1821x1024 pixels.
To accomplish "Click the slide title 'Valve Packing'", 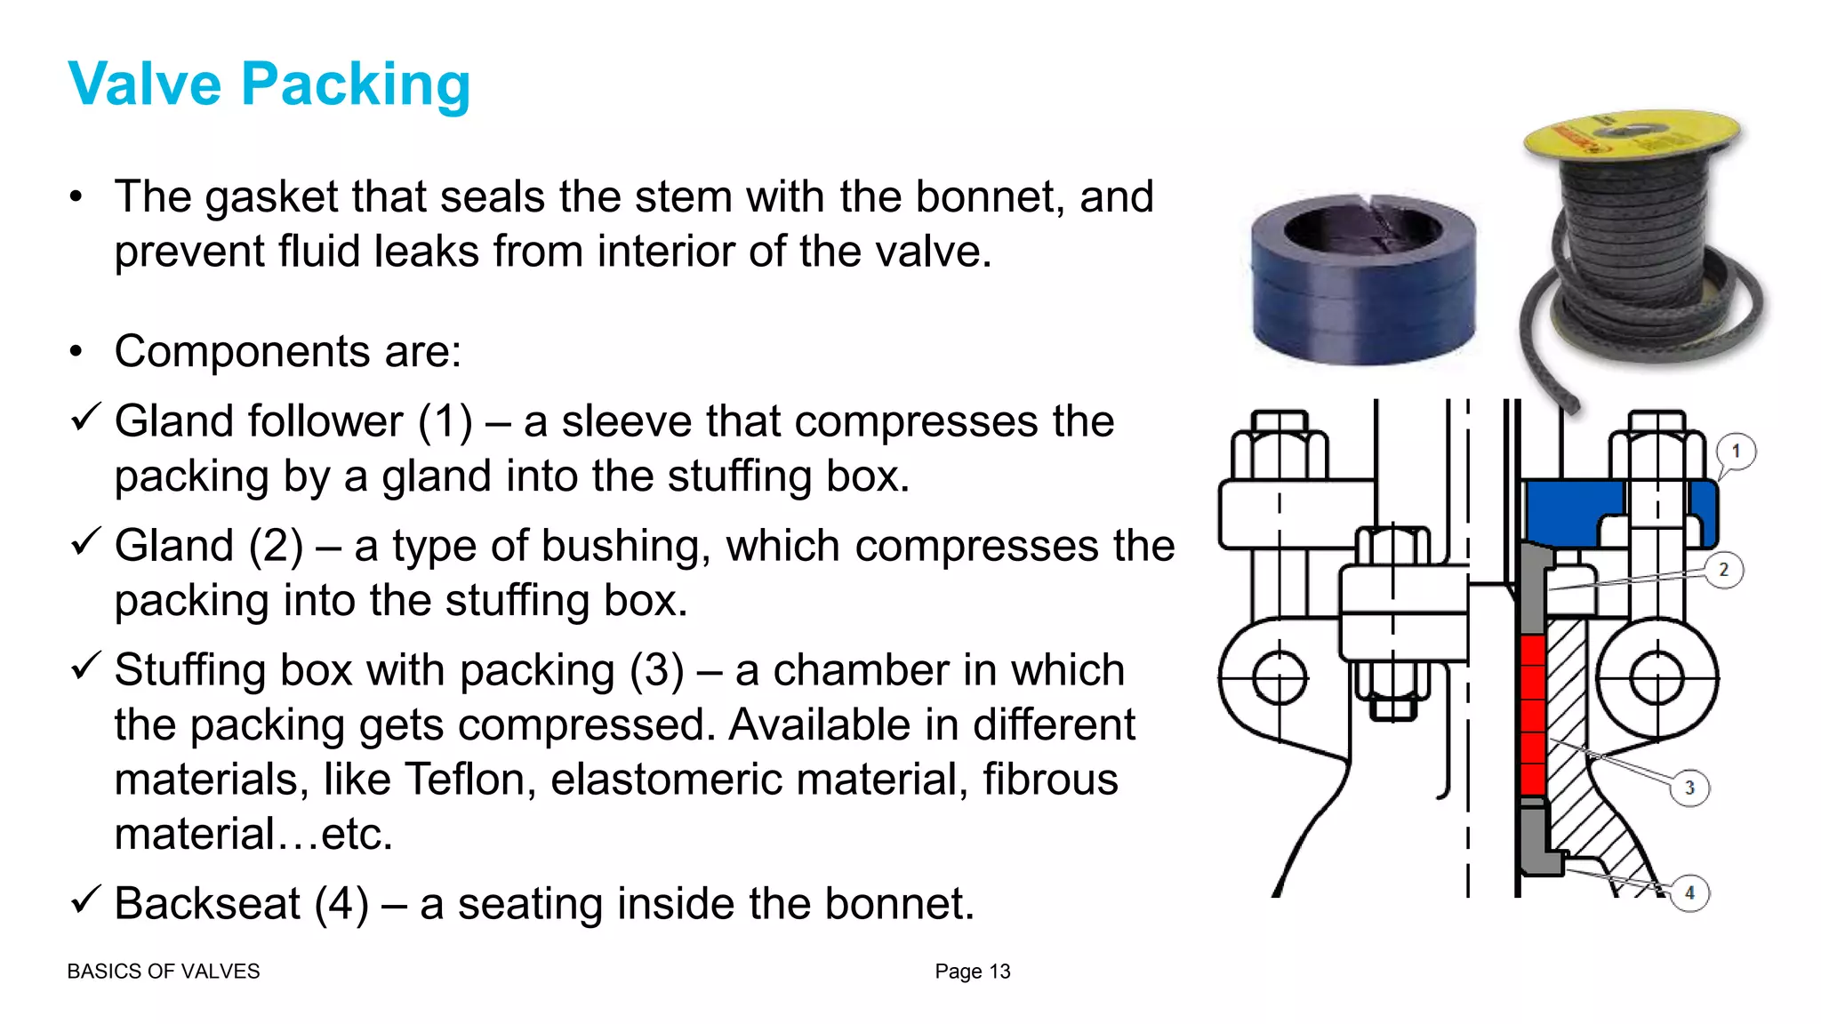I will [x=269, y=84].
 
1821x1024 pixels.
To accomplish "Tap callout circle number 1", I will [x=1735, y=452].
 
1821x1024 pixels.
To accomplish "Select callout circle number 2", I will [x=1723, y=570].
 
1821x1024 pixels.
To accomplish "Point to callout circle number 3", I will [x=1689, y=788].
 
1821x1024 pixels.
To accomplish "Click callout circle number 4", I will [x=1689, y=892].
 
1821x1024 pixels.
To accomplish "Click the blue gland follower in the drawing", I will [x=1569, y=511].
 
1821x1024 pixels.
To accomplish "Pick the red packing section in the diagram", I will [x=1531, y=716].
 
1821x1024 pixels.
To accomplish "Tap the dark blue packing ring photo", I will [x=1362, y=280].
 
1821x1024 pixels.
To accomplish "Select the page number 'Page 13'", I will [x=972, y=972].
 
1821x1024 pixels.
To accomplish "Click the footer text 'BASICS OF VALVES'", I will [x=164, y=972].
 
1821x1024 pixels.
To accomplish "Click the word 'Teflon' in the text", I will [x=469, y=780].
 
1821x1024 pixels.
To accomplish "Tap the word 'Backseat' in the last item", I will [x=207, y=904].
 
